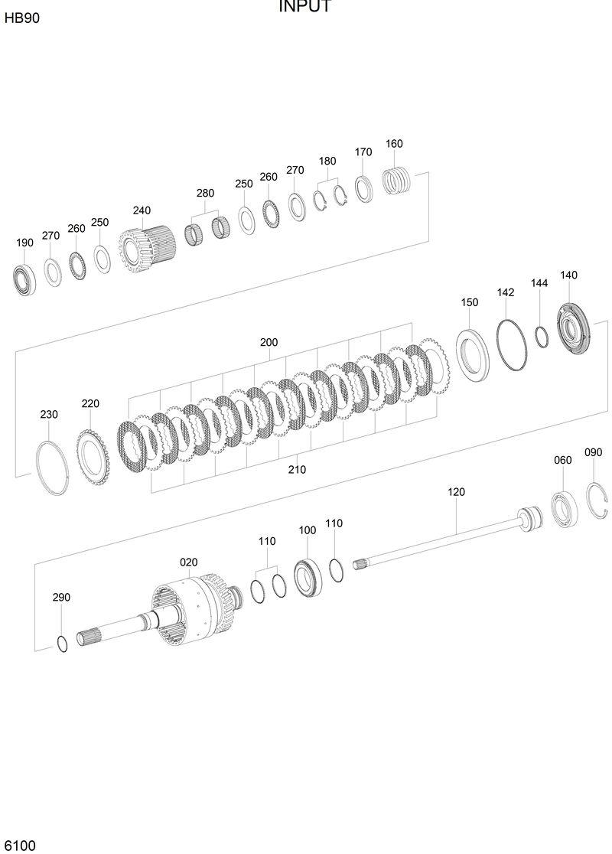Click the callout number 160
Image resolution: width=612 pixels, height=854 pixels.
click(394, 144)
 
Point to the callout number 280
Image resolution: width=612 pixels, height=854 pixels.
click(205, 193)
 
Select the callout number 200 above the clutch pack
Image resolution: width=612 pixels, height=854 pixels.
click(269, 343)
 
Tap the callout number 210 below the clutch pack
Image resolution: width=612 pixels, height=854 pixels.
click(297, 470)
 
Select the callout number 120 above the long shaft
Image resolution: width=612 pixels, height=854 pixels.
click(456, 492)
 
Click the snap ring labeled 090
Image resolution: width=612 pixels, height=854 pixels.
click(597, 500)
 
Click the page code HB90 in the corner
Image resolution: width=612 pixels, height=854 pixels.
click(21, 18)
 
